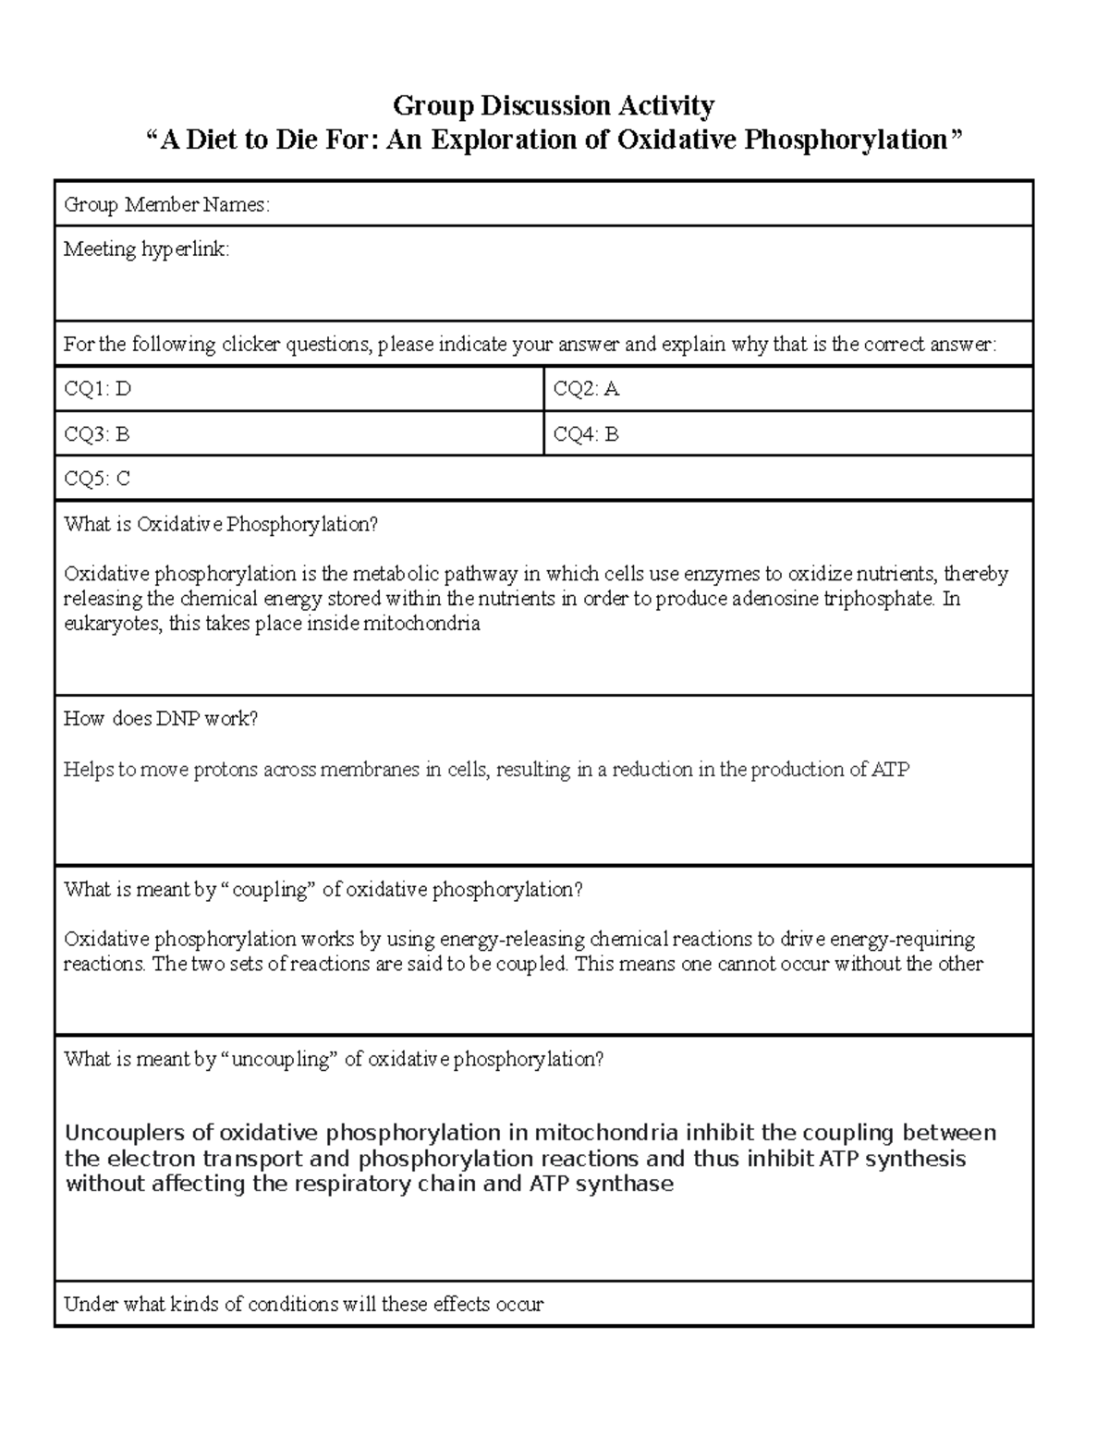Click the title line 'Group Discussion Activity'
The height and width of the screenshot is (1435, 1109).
(554, 105)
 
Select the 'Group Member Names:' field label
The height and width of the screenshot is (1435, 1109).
(166, 205)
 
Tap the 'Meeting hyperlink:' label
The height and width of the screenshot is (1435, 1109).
(146, 249)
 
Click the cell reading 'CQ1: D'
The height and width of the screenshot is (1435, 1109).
(97, 389)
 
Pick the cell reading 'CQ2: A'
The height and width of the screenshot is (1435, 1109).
(586, 389)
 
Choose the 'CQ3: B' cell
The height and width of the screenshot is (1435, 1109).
(97, 433)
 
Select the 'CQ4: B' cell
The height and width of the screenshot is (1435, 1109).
(586, 433)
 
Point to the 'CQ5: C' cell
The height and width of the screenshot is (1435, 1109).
(97, 479)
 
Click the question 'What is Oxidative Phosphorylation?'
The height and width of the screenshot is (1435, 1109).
(221, 525)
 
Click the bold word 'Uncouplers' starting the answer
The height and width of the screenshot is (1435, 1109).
(126, 1133)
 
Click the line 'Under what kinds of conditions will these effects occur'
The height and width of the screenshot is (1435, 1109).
(303, 1305)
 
